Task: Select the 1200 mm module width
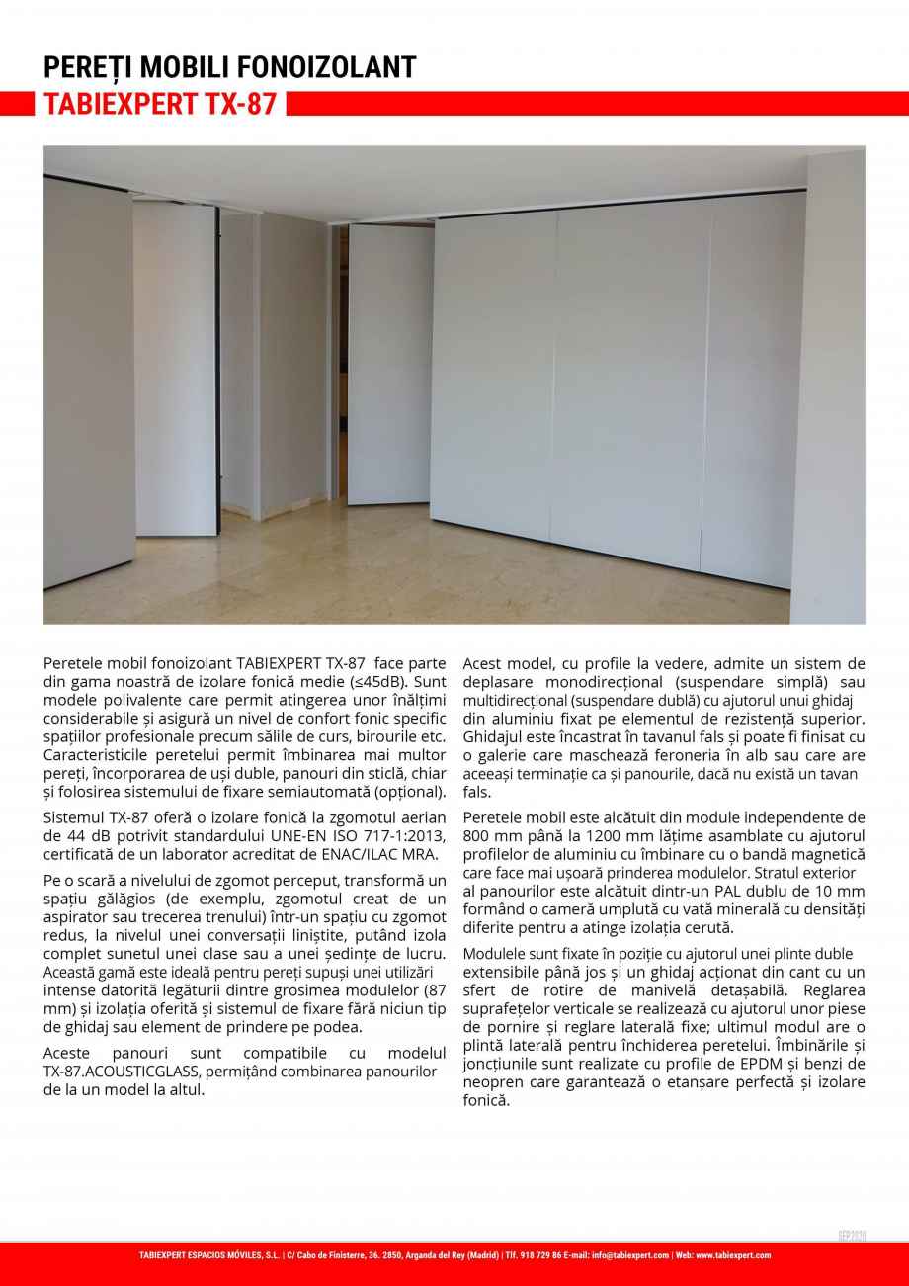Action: point(619,835)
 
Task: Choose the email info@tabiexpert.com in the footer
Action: point(629,1255)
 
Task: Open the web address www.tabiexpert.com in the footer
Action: point(733,1255)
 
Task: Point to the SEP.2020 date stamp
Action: point(851,1237)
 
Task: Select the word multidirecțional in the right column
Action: point(512,701)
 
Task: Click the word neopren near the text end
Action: point(500,1081)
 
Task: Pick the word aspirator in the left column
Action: point(75,918)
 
